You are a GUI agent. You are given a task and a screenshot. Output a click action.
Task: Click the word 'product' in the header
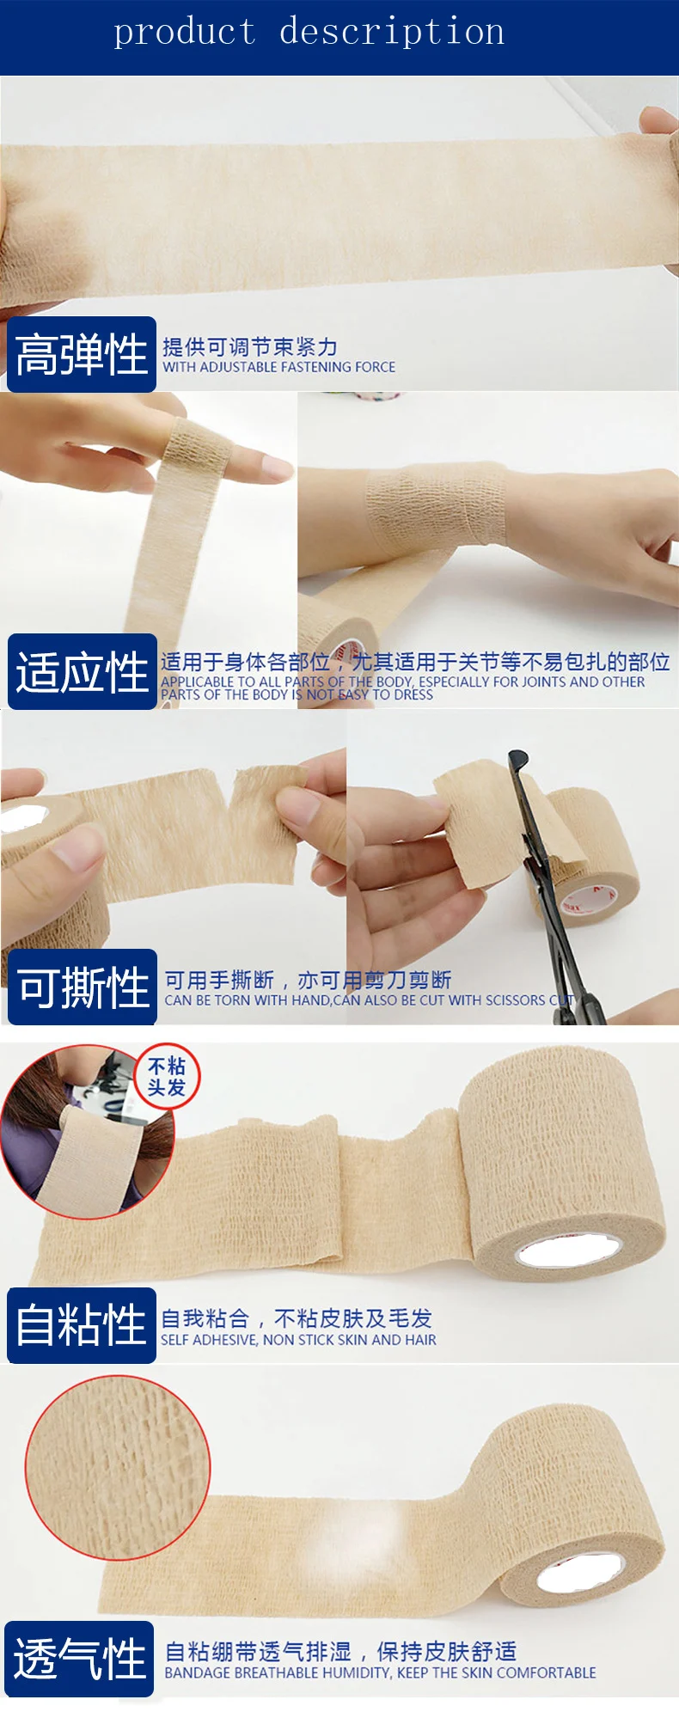coord(185,33)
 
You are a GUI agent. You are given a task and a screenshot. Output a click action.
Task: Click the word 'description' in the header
coord(392,32)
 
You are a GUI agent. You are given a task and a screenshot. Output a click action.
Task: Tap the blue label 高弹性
coord(82,354)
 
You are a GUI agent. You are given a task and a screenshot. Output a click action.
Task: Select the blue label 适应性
coord(82,672)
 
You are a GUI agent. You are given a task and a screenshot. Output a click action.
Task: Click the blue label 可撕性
coord(83,987)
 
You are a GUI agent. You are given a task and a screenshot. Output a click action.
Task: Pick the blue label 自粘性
coord(82,1325)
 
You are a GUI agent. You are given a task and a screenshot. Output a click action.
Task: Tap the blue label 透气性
coord(80,1659)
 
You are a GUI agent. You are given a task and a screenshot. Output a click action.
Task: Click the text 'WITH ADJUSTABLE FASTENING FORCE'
coord(278,367)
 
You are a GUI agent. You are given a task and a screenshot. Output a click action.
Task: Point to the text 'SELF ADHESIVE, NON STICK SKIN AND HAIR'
coord(298,1340)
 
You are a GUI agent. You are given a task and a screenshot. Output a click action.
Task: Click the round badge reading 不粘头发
coord(167,1077)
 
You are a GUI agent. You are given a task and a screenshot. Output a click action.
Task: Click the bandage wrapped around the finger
coord(198,447)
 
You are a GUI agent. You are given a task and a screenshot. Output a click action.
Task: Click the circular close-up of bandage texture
coord(118,1467)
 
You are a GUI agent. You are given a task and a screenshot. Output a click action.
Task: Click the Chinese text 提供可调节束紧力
coord(250,347)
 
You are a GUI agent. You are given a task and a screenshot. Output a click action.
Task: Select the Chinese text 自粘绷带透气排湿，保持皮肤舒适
coord(340,1651)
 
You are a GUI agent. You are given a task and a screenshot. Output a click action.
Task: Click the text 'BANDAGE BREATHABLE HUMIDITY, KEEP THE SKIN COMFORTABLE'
coord(380,1672)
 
